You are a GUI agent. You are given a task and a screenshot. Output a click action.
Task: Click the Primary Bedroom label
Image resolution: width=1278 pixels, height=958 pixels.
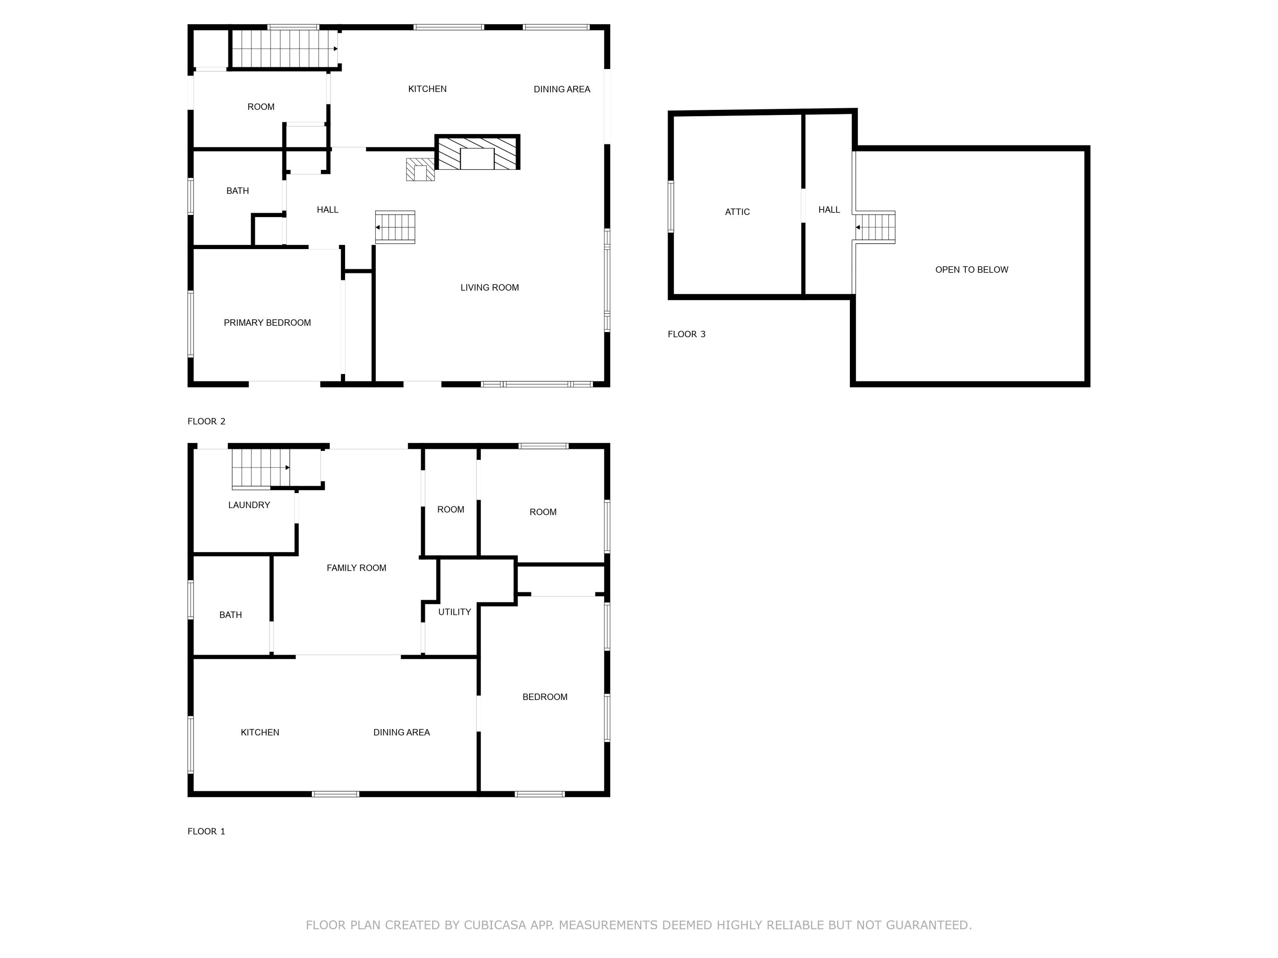267,323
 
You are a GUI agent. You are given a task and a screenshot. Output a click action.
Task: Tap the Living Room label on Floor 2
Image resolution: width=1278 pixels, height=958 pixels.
489,287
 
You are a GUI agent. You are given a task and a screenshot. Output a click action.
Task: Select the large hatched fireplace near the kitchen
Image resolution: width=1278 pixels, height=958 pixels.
477,153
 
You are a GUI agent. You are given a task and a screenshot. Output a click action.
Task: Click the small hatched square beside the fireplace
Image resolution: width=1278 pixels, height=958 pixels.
420,170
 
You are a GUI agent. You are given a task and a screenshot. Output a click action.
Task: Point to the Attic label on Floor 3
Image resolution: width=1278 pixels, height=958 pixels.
737,212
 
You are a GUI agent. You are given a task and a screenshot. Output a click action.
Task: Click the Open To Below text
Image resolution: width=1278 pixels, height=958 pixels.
971,270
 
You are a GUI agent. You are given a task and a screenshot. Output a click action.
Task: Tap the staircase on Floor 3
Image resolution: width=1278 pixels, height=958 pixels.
875,227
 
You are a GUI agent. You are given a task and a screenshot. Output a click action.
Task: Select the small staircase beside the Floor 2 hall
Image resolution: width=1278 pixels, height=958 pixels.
396,227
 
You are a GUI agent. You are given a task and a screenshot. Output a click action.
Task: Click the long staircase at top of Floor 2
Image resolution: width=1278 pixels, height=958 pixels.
284,49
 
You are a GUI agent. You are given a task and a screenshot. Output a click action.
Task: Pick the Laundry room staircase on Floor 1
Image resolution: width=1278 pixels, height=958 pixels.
261,468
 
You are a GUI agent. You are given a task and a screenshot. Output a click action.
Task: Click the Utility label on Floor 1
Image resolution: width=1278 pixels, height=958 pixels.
454,612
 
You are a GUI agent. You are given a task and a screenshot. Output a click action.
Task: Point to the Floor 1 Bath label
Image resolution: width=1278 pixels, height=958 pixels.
230,615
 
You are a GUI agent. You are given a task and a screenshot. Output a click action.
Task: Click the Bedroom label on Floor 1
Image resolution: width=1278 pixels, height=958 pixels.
544,697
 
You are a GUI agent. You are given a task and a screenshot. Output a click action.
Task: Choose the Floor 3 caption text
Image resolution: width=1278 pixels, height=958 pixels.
686,334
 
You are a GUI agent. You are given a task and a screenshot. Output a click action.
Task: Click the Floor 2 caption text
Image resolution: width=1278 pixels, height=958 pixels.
206,422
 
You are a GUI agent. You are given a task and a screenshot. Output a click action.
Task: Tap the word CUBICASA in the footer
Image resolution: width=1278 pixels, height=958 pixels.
495,925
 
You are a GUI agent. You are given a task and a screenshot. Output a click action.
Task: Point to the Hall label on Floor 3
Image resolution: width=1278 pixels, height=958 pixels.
829,209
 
